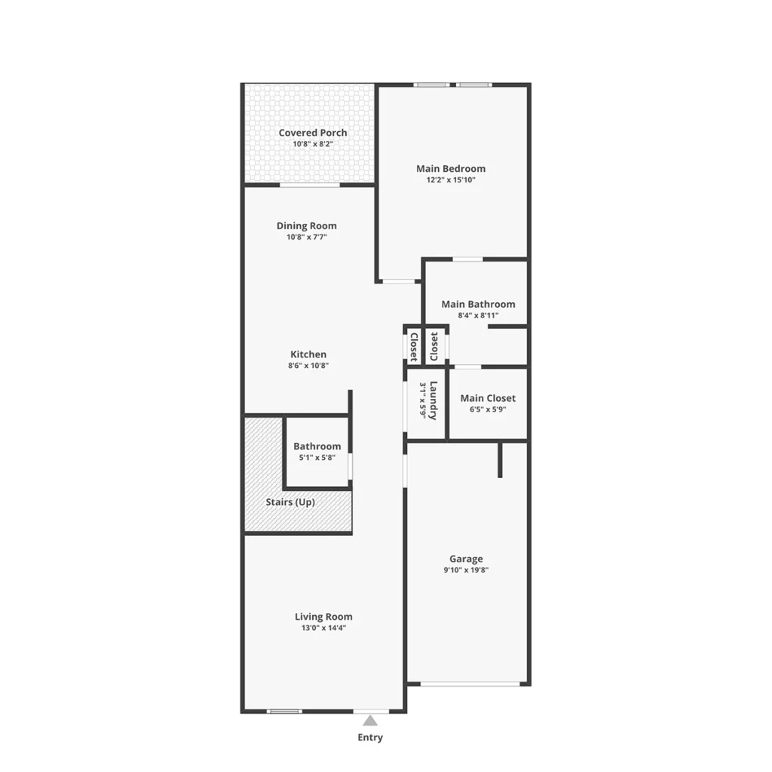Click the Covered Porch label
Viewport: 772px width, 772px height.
tap(313, 133)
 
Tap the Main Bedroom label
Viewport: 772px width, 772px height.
tap(451, 169)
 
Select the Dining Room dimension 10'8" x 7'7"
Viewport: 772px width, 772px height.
tap(307, 237)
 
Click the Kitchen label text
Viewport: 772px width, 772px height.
tap(308, 354)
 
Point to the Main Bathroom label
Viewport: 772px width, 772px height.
tap(478, 305)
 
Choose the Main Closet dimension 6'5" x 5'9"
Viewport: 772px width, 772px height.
tap(488, 409)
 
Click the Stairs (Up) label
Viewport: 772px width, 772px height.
tap(290, 502)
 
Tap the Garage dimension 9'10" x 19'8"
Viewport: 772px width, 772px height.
tap(466, 570)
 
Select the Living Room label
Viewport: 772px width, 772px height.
tap(323, 617)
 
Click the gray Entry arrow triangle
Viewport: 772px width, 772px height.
tap(370, 721)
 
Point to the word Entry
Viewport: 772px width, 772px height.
tap(370, 737)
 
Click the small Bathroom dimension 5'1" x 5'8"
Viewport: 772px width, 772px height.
tap(317, 458)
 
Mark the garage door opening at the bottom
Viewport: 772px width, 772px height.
tap(470, 684)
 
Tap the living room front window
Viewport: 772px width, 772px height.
tap(284, 711)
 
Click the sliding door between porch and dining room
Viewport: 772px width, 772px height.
tap(310, 185)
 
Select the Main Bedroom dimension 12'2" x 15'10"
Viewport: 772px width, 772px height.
tap(451, 180)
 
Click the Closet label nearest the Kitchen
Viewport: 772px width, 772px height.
tap(414, 347)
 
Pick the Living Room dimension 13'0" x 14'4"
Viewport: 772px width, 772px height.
tap(323, 628)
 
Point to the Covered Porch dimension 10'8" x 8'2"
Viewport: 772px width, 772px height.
tap(313, 144)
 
